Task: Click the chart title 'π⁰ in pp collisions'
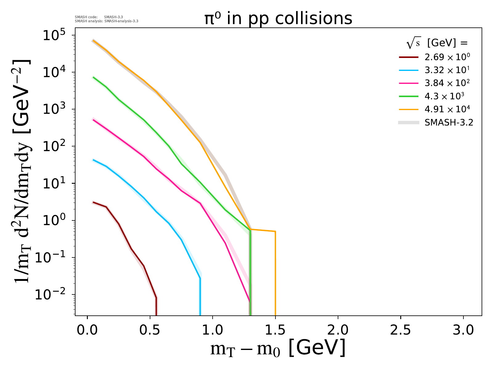click(x=278, y=19)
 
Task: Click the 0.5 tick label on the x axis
click(x=150, y=331)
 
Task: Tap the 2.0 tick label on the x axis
click(x=338, y=331)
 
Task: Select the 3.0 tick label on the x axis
click(x=463, y=331)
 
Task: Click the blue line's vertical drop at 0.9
click(x=200, y=296)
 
